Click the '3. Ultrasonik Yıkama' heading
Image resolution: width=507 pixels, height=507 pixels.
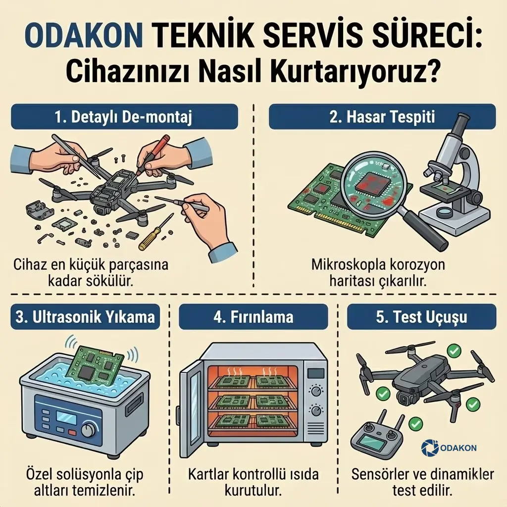click(x=85, y=317)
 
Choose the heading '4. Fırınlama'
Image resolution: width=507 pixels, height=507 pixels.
click(x=253, y=317)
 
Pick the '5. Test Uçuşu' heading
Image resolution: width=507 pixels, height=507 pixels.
click(x=421, y=317)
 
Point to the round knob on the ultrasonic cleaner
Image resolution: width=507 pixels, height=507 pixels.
click(x=89, y=430)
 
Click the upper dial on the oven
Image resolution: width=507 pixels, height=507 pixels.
click(x=315, y=391)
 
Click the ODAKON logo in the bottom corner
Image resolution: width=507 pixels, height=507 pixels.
click(x=449, y=448)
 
